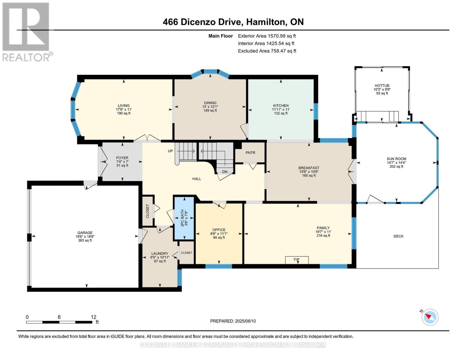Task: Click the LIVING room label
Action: [124, 106]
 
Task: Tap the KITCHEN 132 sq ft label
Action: [281, 113]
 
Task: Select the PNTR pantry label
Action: [250, 153]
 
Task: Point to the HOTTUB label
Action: [382, 85]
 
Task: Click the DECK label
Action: [398, 236]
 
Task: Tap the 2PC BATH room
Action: [184, 218]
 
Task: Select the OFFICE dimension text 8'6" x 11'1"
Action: [219, 234]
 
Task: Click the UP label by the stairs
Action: [170, 151]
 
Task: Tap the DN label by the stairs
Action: [225, 172]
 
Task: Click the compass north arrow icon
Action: [430, 317]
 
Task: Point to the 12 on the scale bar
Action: [94, 317]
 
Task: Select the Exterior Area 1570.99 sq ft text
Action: [267, 36]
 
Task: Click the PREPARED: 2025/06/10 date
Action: [233, 321]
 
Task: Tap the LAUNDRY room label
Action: [160, 253]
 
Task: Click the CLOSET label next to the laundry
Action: [186, 253]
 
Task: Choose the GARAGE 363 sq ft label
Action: [85, 240]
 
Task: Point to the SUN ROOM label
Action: [396, 159]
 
